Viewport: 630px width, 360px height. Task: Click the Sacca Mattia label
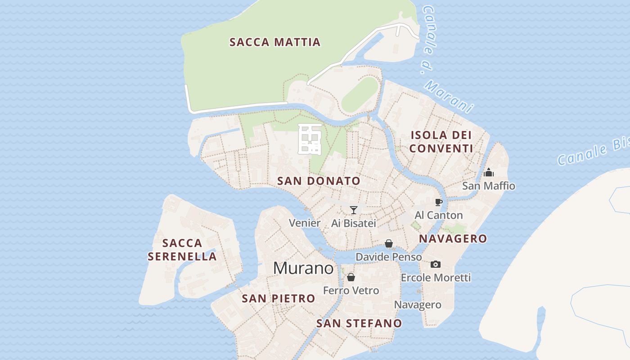point(275,42)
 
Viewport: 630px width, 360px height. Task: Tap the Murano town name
point(303,268)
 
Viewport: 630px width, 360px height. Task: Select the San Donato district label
point(319,181)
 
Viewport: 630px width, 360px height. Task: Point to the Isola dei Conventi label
point(441,141)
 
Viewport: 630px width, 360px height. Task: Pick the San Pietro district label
point(279,298)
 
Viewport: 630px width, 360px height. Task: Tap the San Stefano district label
point(359,323)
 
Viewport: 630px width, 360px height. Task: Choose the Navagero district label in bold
point(453,238)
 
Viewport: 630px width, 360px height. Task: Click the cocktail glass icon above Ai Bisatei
point(354,210)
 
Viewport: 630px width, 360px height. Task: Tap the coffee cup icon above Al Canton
point(439,202)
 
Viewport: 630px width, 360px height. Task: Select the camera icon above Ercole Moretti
point(436,264)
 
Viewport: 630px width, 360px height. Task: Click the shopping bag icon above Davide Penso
point(389,243)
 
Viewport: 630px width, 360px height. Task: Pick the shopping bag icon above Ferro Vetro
point(351,277)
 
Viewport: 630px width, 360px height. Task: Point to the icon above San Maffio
point(489,172)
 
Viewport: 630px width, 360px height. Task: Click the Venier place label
point(305,223)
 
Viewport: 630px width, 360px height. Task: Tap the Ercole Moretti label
point(436,277)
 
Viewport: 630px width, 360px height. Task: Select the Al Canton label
point(439,215)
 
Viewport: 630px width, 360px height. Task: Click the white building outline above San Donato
point(310,139)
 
